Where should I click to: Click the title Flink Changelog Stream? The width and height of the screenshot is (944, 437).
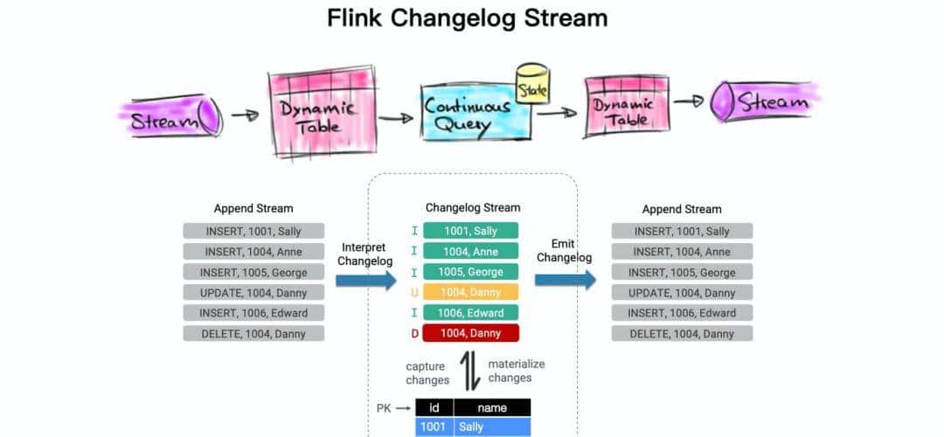[x=467, y=17]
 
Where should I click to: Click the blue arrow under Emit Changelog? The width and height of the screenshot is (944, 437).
[x=565, y=280]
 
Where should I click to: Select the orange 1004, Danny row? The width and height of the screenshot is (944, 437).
[x=470, y=292]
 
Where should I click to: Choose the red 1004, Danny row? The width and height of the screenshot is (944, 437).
[x=470, y=333]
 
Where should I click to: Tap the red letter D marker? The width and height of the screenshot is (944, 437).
[x=414, y=333]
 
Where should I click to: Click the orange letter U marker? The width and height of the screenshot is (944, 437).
[x=414, y=292]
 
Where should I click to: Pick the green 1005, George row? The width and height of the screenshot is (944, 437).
[x=470, y=272]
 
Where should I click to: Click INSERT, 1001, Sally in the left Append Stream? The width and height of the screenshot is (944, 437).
[x=253, y=231]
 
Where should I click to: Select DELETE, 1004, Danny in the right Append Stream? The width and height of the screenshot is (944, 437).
[x=682, y=333]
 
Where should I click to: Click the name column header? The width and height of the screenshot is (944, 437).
[x=492, y=407]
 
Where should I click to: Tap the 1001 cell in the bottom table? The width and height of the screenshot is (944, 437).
[x=434, y=427]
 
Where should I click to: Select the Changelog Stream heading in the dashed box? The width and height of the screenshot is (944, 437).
[x=472, y=208]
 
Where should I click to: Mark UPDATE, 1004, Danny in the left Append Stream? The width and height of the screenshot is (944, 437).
[x=253, y=292]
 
